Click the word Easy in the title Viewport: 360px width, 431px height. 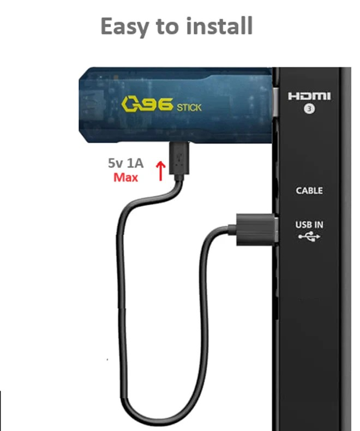pyautogui.click(x=124, y=27)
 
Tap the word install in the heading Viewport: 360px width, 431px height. pyautogui.click(x=219, y=26)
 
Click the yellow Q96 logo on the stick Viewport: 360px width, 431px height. pyautogui.click(x=147, y=104)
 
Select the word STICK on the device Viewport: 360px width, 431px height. pyautogui.click(x=189, y=107)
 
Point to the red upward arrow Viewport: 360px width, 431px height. pyautogui.click(x=161, y=171)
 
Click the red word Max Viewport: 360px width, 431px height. pyautogui.click(x=125, y=177)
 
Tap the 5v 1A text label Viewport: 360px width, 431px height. pyautogui.click(x=125, y=163)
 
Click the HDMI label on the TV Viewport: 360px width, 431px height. pyautogui.click(x=309, y=96)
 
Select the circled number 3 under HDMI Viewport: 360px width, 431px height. pyautogui.click(x=309, y=109)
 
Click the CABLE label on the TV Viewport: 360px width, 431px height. pyautogui.click(x=309, y=190)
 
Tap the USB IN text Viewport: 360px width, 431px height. pyautogui.click(x=309, y=225)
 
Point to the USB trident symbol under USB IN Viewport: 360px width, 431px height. pyautogui.click(x=309, y=236)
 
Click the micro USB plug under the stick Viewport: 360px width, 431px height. pyautogui.click(x=179, y=158)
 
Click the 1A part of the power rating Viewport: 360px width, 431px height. pyautogui.click(x=135, y=163)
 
